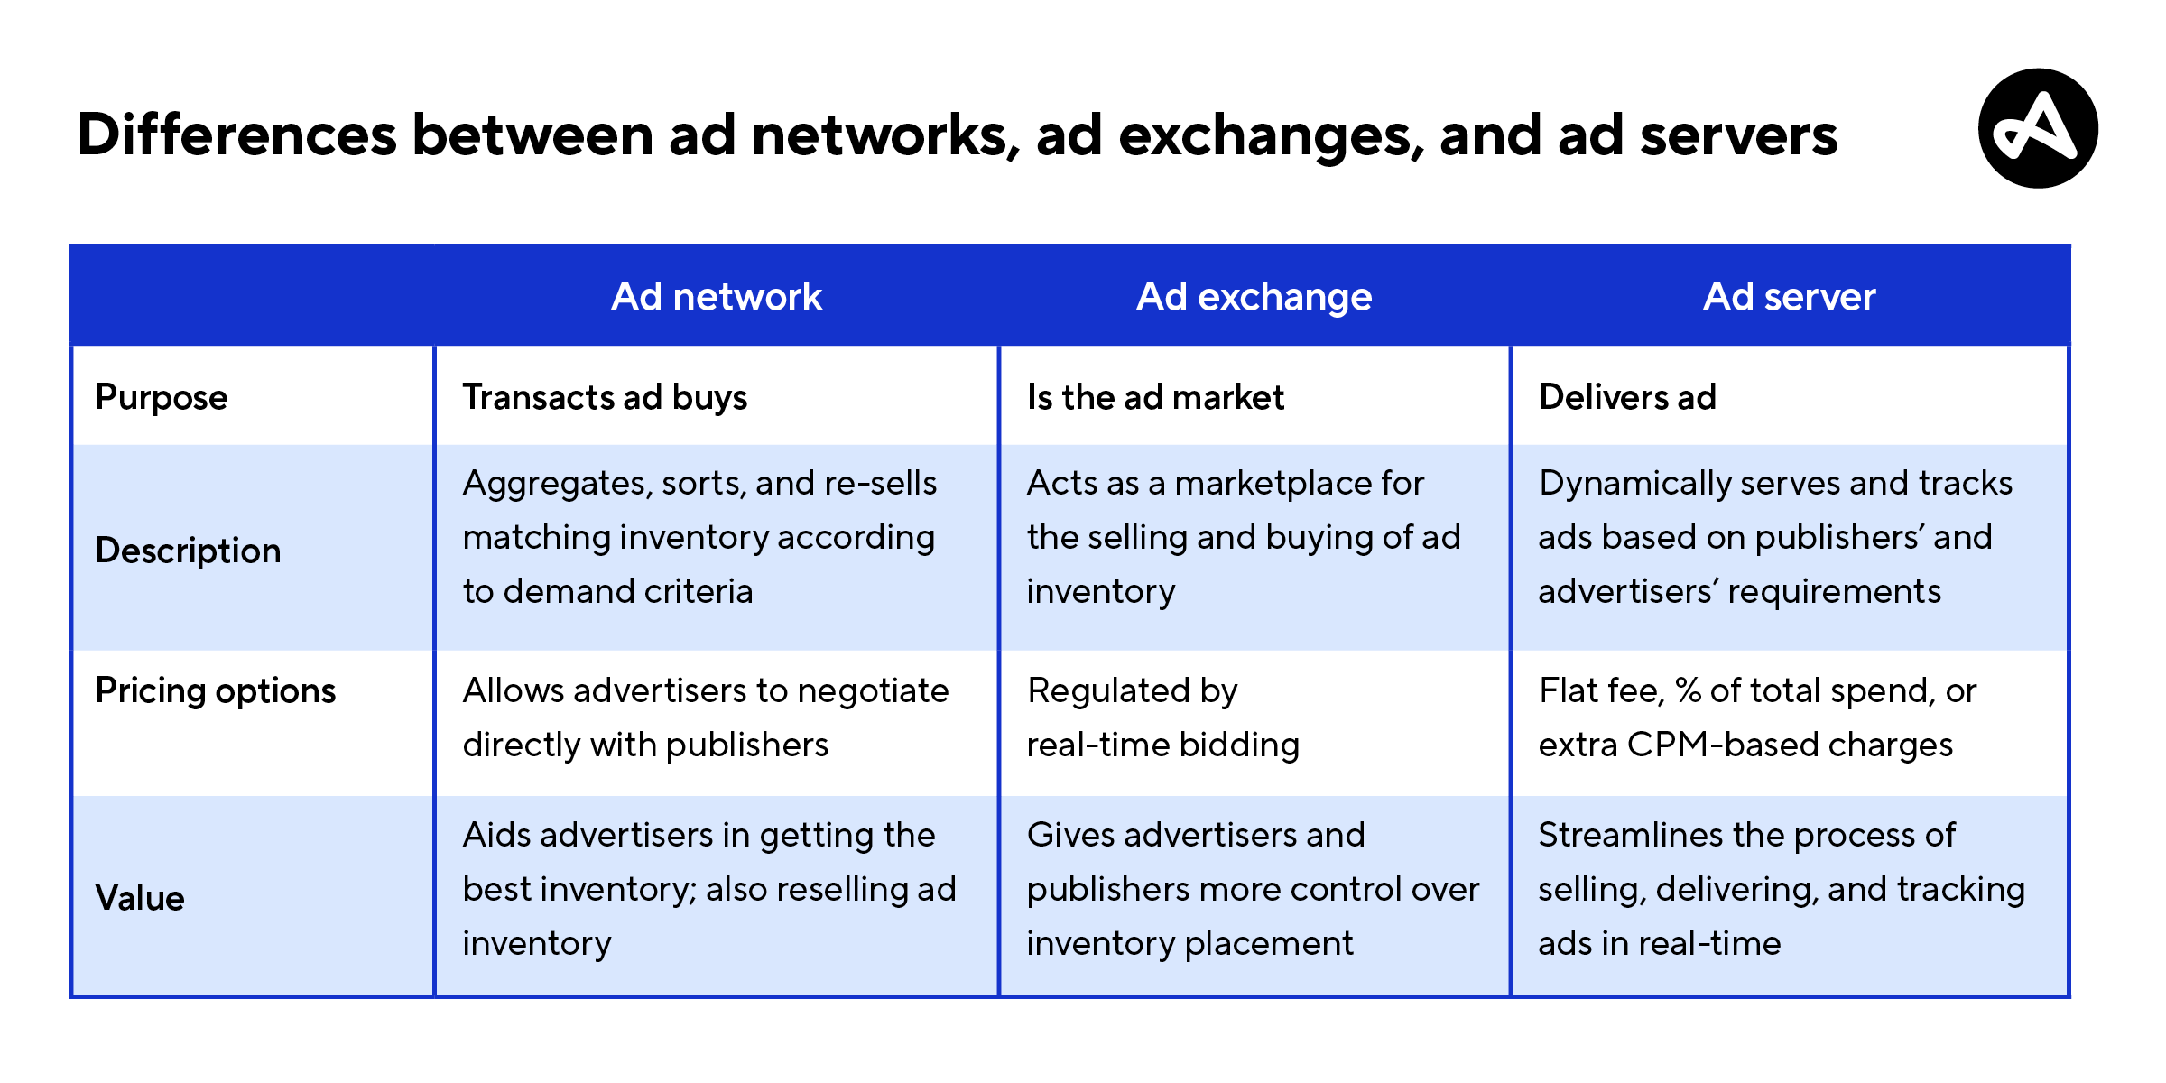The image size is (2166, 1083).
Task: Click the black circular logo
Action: [x=2038, y=128]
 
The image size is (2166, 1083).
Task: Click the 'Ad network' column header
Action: [x=717, y=296]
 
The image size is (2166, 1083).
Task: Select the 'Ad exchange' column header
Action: [x=1254, y=297]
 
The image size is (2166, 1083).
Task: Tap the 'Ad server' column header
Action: [x=1789, y=296]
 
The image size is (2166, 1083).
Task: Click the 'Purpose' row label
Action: [x=162, y=397]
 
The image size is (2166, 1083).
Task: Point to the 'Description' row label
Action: [x=188, y=550]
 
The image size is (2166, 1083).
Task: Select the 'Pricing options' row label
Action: [x=216, y=690]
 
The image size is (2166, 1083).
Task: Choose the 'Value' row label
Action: [x=140, y=897]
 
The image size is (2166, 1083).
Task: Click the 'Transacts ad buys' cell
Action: [x=605, y=397]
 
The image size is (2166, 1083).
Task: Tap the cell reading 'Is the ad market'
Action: [x=1155, y=397]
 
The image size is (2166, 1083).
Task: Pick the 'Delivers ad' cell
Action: [x=1627, y=397]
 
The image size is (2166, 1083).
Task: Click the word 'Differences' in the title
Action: [x=237, y=135]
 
